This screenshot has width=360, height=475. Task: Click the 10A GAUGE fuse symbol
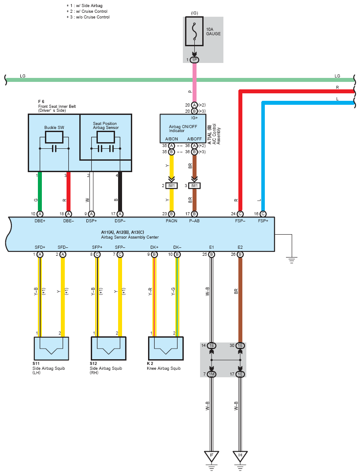pyautogui.click(x=194, y=31)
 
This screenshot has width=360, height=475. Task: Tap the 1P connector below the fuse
pyautogui.click(x=194, y=60)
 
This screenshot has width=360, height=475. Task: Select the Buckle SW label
pyautogui.click(x=54, y=128)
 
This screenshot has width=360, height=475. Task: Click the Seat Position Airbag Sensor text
pyautogui.click(x=106, y=125)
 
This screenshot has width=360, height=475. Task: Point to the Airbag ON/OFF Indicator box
pyautogui.click(x=183, y=129)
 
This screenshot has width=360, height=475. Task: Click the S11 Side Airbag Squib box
pyautogui.click(x=51, y=348)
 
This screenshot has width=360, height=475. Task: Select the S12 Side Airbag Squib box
pyautogui.click(x=108, y=348)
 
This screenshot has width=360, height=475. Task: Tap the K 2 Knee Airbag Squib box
pyautogui.click(x=166, y=348)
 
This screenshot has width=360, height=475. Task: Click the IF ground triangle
pyautogui.click(x=212, y=456)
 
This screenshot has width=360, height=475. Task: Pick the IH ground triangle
pyautogui.click(x=240, y=456)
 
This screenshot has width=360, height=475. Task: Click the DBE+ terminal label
pyautogui.click(x=40, y=221)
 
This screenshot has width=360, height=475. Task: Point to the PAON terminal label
pyautogui.click(x=171, y=221)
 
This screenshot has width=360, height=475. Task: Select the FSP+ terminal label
pyautogui.click(x=263, y=221)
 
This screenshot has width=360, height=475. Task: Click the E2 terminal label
pyautogui.click(x=240, y=247)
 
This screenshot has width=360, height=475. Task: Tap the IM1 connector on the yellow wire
pyautogui.click(x=171, y=185)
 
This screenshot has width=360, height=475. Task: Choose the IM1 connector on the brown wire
pyautogui.click(x=194, y=185)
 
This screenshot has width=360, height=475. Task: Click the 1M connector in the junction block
pyautogui.click(x=212, y=374)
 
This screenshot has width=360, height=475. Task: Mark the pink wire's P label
pyautogui.click(x=190, y=91)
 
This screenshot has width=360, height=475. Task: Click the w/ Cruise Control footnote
pyautogui.click(x=87, y=11)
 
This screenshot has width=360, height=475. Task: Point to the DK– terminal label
pyautogui.click(x=177, y=247)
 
